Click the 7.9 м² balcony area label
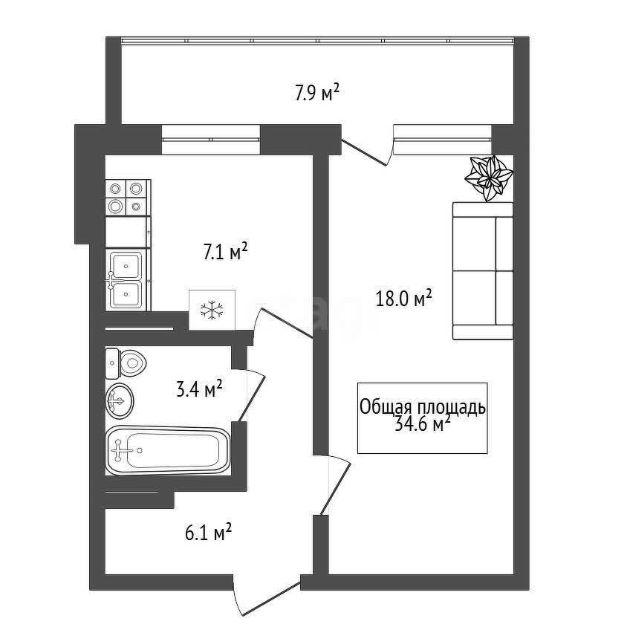pos(317,93)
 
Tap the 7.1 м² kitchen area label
pos(226,252)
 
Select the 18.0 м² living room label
pos(403,298)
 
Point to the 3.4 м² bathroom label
pos(199,389)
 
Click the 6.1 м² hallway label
pos(208,532)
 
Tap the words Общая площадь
pos(423,407)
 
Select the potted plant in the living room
pos(489,178)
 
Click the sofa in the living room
pos(483,270)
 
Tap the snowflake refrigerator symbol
pos(212,310)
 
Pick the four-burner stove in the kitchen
pos(126,198)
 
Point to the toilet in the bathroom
pos(126,363)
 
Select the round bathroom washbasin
pos(119,400)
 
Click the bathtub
pos(168,450)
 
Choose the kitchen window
pos(211,139)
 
